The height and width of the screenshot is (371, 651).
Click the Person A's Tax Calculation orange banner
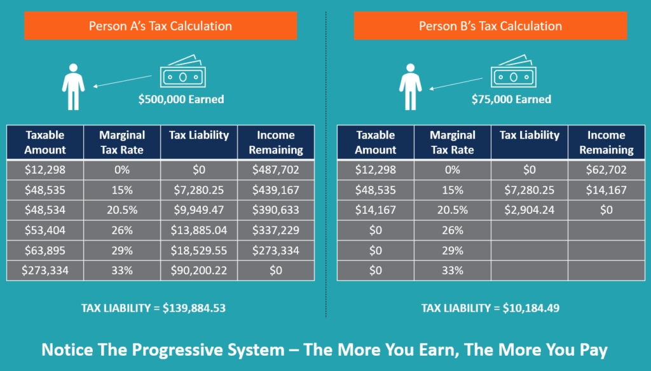(x=160, y=26)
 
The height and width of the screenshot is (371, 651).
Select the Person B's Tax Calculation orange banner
(x=490, y=26)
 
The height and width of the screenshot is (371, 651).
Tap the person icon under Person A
(x=72, y=86)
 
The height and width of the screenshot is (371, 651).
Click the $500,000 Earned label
(x=181, y=99)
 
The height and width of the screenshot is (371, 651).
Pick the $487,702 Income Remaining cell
(x=276, y=170)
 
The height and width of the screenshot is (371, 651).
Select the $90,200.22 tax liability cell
(x=199, y=270)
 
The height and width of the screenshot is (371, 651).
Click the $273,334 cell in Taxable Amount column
(x=45, y=270)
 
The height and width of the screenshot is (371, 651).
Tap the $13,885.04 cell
(x=199, y=230)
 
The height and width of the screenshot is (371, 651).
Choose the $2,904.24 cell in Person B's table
(x=529, y=210)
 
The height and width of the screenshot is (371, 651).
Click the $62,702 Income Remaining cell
(x=606, y=170)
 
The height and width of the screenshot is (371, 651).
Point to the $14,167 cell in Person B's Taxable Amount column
(x=375, y=210)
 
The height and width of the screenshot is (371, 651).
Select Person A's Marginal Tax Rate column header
(x=122, y=143)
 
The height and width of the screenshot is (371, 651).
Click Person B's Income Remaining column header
(x=606, y=143)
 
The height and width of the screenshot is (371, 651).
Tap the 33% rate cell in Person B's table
(x=452, y=270)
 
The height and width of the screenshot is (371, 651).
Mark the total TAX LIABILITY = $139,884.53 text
(x=153, y=308)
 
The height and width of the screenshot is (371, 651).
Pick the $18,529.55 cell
(x=199, y=250)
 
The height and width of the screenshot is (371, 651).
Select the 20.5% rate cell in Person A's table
(x=122, y=210)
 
